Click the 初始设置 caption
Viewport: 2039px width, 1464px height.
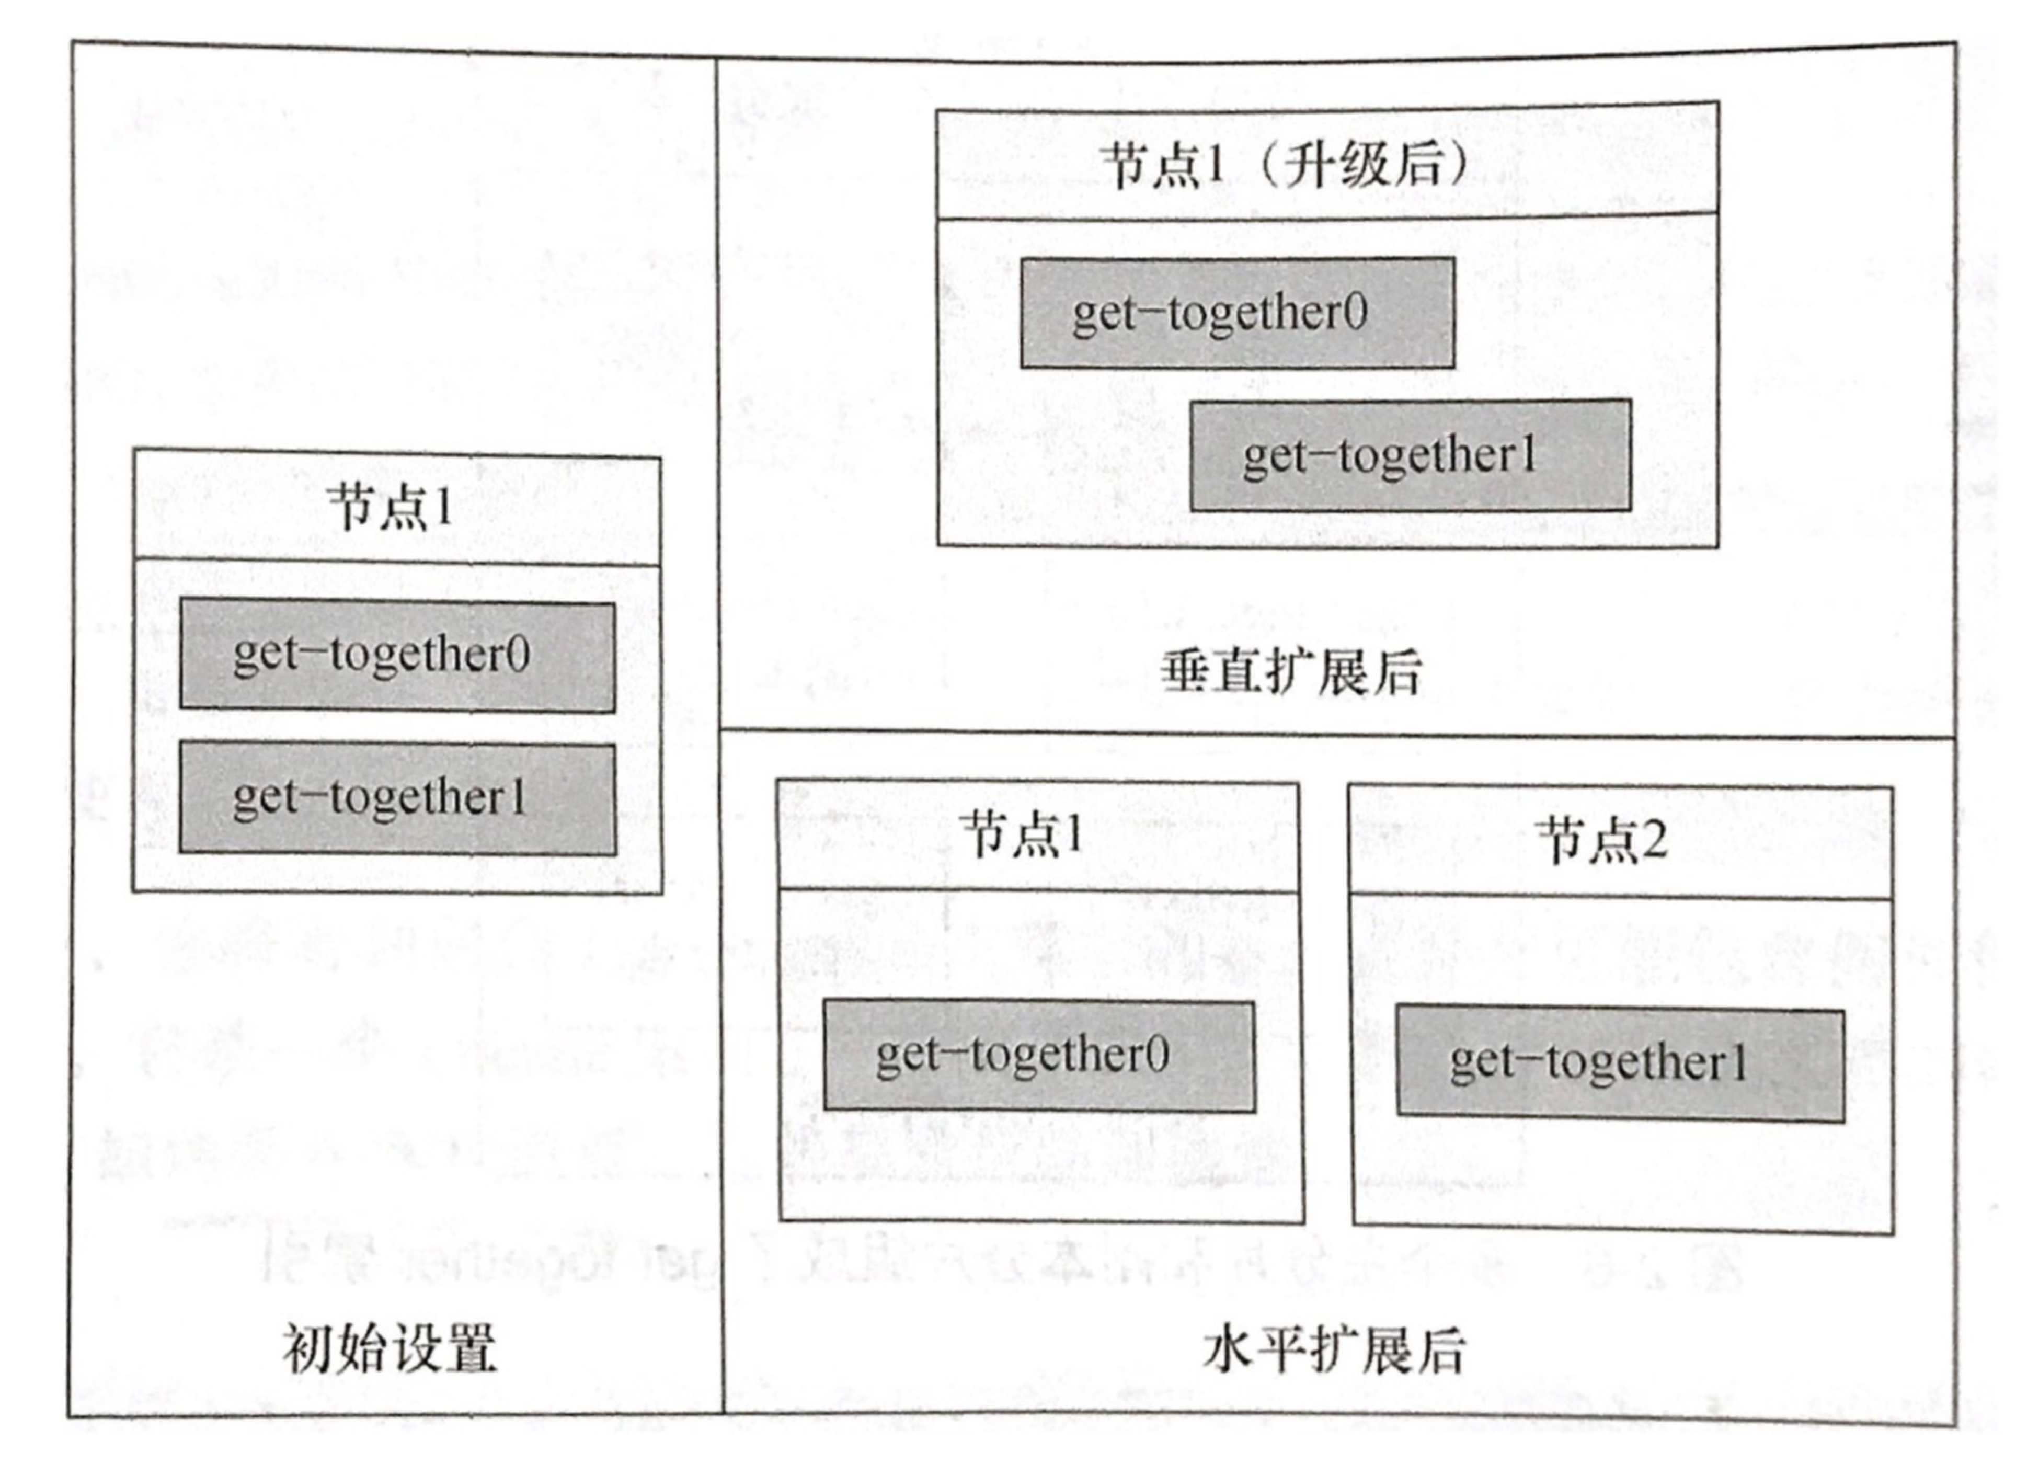tap(390, 1349)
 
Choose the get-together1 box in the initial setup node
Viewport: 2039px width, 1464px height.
tap(397, 798)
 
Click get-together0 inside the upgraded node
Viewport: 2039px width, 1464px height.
tap(1237, 313)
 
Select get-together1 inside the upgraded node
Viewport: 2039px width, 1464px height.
tap(1411, 455)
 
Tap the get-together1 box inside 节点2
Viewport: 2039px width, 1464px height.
tap(1620, 1064)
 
